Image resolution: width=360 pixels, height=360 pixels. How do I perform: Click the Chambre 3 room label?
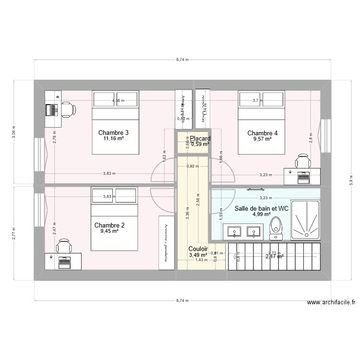click(113, 132)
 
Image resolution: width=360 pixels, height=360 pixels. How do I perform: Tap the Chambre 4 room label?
click(262, 133)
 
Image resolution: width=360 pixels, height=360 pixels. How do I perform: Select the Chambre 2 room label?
click(109, 225)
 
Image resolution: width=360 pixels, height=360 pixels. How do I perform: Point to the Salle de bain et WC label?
click(261, 208)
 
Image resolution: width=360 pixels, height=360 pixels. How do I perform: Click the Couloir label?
click(198, 249)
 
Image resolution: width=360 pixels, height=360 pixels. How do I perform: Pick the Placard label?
click(200, 139)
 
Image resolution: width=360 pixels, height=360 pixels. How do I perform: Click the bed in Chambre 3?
click(115, 122)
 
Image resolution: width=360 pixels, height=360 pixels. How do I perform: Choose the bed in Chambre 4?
click(262, 122)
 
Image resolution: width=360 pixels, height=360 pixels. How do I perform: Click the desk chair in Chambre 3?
click(67, 110)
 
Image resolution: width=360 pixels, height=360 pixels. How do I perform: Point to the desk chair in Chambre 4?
click(303, 161)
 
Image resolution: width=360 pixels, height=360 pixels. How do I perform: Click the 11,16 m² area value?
click(113, 139)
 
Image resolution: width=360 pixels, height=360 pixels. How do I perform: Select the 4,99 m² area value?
click(262, 215)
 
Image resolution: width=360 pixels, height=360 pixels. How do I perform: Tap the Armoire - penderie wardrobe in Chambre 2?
click(167, 242)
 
